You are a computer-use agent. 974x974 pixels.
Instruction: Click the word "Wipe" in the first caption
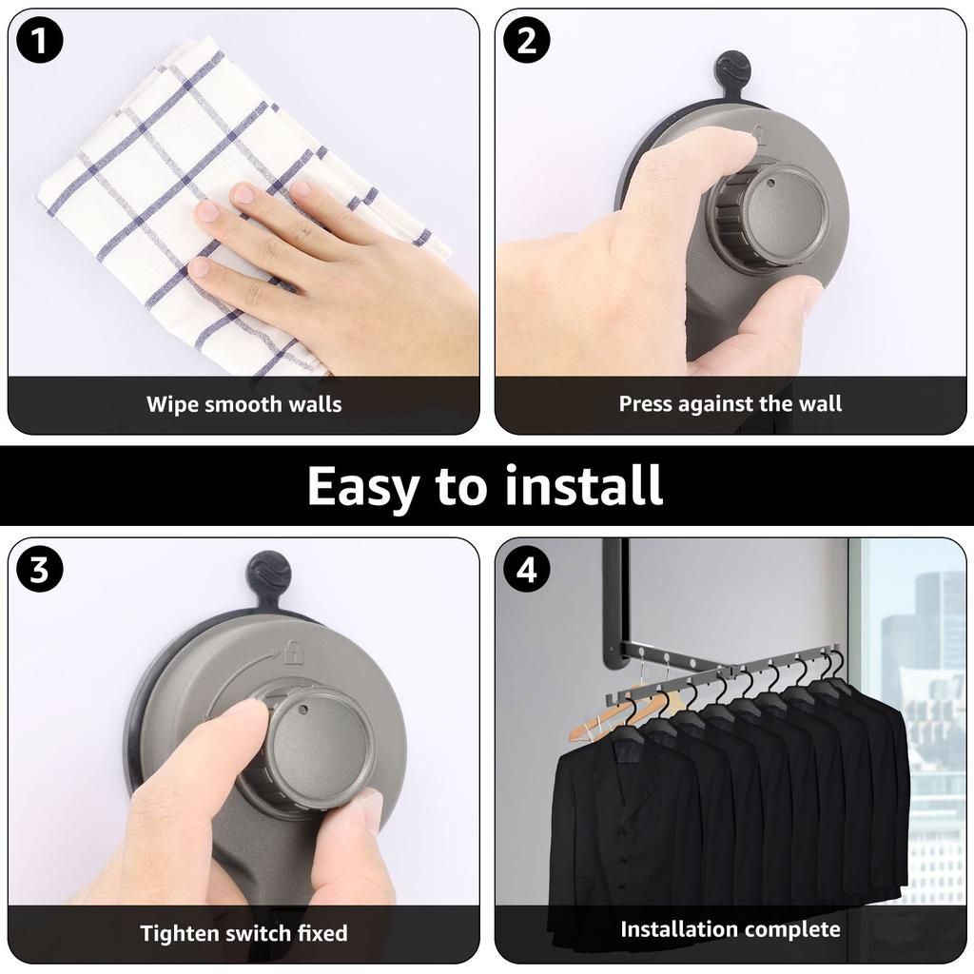point(172,404)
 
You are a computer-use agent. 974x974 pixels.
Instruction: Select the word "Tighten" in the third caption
point(179,933)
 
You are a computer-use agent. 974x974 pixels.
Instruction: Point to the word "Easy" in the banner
point(362,486)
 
